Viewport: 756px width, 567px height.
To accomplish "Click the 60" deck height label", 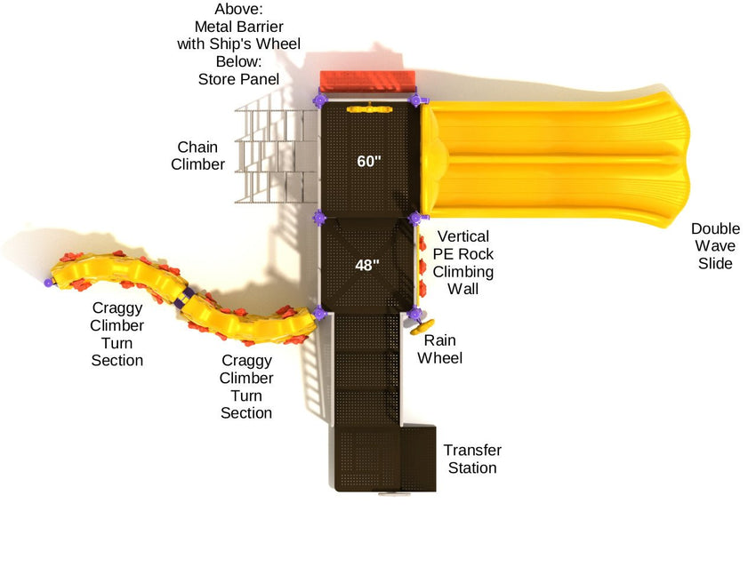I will coord(368,161).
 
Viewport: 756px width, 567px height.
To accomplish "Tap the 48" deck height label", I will coord(367,265).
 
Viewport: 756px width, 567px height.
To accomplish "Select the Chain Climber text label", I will coord(197,156).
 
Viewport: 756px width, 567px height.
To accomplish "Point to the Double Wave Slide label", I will coord(715,246).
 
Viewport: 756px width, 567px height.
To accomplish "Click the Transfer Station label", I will coord(472,459).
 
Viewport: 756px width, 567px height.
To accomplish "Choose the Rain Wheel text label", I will coord(442,349).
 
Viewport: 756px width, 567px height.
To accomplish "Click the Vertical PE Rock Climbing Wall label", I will coord(462,262).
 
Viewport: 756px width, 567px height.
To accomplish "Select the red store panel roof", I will coord(367,79).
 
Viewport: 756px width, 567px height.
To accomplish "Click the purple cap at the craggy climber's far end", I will coord(49,283).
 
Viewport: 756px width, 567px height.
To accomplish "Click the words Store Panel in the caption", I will coord(238,79).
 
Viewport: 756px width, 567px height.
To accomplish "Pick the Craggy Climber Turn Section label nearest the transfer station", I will coord(246,387).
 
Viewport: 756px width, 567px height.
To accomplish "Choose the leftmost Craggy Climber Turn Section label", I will coord(117,334).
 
